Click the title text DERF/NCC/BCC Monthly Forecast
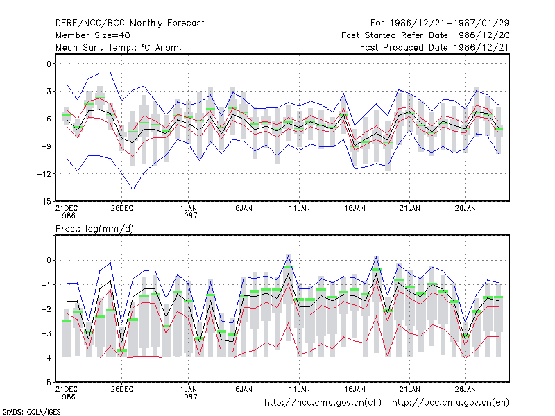pos(130,24)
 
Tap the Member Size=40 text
pos(93,35)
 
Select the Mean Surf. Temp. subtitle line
pos(119,47)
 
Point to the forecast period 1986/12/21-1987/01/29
pos(440,24)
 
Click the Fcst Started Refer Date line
pos(425,35)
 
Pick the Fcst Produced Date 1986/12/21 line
pos(434,47)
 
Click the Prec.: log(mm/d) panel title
pos(94,229)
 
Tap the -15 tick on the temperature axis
pos(44,201)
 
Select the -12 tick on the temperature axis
pos(44,174)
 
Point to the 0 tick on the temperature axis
pos(49,64)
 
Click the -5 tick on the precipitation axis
pos(46,383)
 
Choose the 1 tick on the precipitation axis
pos(49,236)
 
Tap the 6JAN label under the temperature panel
pos(244,208)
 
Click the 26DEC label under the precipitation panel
pos(122,389)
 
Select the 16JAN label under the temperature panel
pos(355,208)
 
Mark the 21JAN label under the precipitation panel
pos(410,389)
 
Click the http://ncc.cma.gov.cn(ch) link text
pos(323,403)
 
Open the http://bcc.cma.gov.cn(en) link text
pos(450,403)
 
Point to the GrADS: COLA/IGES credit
pos(31,412)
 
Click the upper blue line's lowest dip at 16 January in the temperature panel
pos(355,125)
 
